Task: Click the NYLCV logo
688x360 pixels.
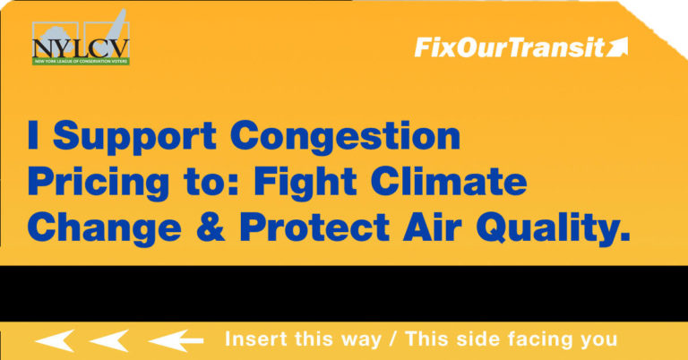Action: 81,43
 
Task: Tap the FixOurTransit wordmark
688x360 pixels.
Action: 510,47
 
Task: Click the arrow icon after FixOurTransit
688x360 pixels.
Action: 617,47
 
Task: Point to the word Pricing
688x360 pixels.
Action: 99,184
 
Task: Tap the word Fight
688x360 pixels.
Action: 305,184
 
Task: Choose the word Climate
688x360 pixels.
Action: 449,181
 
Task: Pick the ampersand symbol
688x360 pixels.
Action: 211,227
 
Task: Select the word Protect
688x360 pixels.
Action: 314,227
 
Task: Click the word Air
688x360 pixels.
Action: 432,227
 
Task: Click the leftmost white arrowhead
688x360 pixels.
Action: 55,340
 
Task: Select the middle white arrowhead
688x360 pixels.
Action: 108,340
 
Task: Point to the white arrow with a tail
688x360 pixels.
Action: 176,340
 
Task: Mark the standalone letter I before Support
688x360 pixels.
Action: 33,135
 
